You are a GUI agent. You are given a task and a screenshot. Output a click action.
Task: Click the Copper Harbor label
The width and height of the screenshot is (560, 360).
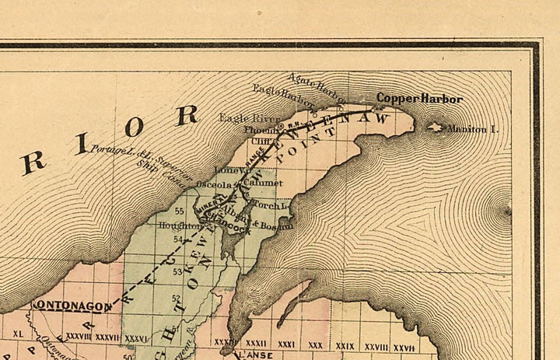coord(419,100)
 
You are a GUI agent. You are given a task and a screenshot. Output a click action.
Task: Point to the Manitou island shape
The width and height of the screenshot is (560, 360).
coord(436,127)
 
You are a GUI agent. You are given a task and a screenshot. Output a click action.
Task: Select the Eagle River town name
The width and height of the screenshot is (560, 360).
coord(239,119)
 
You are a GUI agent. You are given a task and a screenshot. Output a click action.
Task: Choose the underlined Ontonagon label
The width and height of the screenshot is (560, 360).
coord(71,306)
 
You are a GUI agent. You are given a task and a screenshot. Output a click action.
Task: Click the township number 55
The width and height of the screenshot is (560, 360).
coord(179,211)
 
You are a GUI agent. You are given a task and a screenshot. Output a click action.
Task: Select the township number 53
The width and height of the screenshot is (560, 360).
coord(177,271)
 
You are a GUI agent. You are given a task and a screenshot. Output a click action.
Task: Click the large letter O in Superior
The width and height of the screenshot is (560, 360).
coord(137,127)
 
